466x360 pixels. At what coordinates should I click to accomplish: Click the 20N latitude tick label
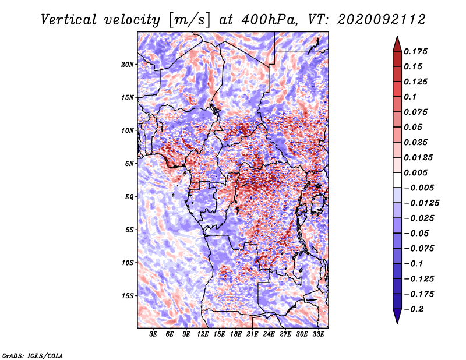point(128,65)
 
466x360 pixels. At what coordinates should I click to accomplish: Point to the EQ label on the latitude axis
point(129,197)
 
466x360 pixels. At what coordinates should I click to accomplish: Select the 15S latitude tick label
point(128,296)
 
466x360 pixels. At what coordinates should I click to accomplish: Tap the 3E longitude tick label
point(153,334)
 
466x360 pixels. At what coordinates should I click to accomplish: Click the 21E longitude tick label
point(252,334)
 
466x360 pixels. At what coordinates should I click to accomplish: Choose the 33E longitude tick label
point(318,334)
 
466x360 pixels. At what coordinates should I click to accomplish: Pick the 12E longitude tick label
point(202,334)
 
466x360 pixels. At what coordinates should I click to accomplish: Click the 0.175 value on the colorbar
point(415,51)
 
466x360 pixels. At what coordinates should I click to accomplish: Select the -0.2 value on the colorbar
point(414,309)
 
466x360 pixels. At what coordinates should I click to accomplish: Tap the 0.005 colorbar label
point(415,172)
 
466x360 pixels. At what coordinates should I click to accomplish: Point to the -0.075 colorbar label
point(419,249)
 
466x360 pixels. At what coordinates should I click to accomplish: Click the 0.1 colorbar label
point(410,97)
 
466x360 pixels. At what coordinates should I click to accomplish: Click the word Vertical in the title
point(69,20)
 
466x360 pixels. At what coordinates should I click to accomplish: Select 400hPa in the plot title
point(269,20)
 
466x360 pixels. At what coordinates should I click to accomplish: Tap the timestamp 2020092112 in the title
point(382,20)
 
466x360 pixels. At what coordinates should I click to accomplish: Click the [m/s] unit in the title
point(189,20)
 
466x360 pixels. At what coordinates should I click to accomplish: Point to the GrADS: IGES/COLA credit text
point(33,355)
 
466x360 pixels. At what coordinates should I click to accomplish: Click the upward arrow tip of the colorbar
point(397,36)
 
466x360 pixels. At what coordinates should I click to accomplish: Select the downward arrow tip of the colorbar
point(397,324)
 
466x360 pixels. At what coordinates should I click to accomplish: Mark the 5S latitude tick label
point(129,230)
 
